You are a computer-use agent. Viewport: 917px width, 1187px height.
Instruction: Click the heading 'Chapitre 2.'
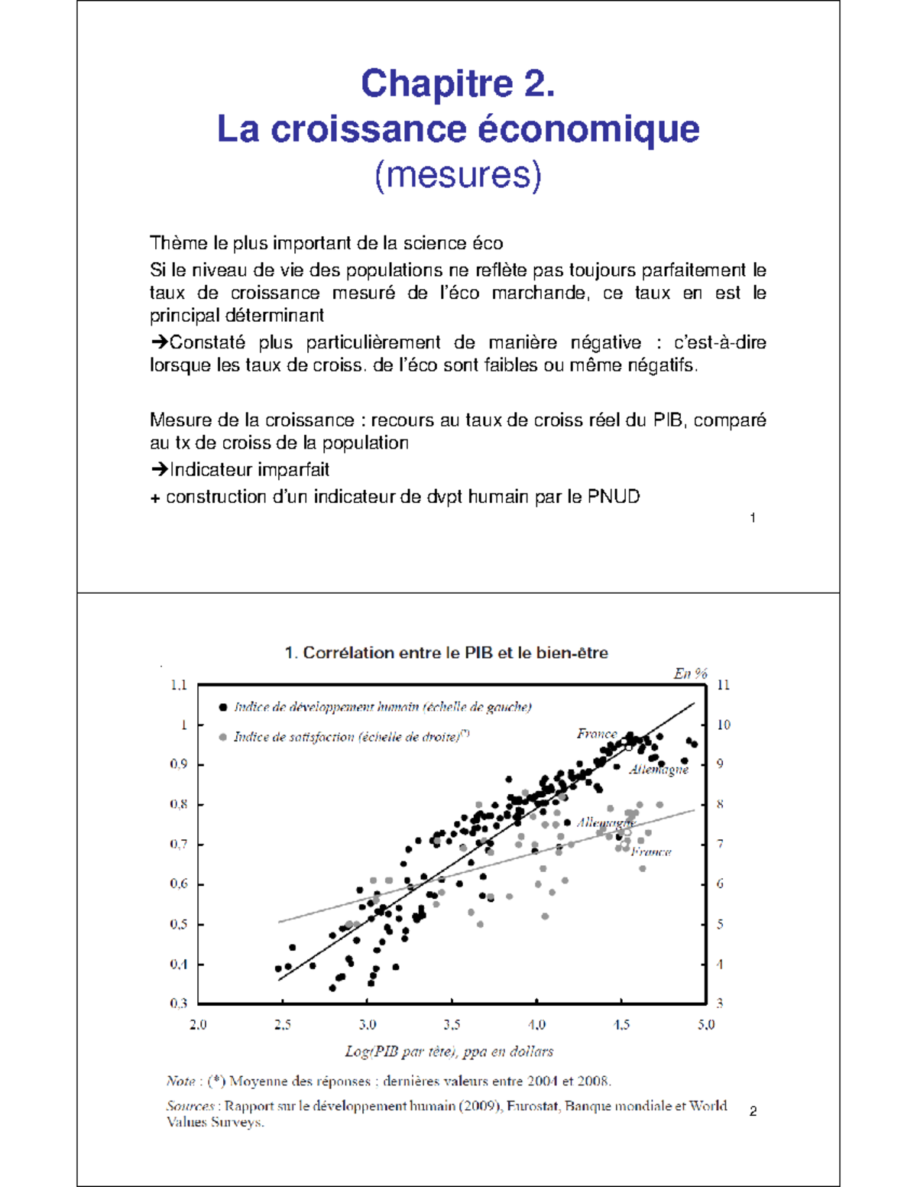458,83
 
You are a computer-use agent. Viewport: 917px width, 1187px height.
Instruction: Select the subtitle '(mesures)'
458,174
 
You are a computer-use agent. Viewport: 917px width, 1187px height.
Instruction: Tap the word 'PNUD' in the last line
614,497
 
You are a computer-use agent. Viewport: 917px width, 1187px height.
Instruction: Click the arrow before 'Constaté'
159,342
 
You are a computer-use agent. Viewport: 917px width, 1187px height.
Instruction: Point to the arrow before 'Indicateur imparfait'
159,469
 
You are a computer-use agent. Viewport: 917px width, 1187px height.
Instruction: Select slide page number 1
753,518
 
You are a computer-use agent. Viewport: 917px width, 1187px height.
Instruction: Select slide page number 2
753,1111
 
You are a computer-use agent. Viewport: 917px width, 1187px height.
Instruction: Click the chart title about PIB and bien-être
446,653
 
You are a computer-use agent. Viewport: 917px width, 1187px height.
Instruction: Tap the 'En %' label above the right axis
690,673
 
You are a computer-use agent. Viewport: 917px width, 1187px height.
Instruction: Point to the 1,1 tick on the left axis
179,685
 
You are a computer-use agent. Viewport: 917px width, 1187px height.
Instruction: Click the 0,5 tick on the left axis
179,924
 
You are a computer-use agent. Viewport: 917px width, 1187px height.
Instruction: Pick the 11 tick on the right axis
723,685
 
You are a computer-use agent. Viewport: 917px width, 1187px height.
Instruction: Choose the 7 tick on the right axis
720,845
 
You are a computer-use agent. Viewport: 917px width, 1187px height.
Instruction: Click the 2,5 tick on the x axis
283,1024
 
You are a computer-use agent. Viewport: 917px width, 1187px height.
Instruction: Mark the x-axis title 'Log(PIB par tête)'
449,1052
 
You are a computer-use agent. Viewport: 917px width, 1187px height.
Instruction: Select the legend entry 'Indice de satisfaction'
351,737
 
